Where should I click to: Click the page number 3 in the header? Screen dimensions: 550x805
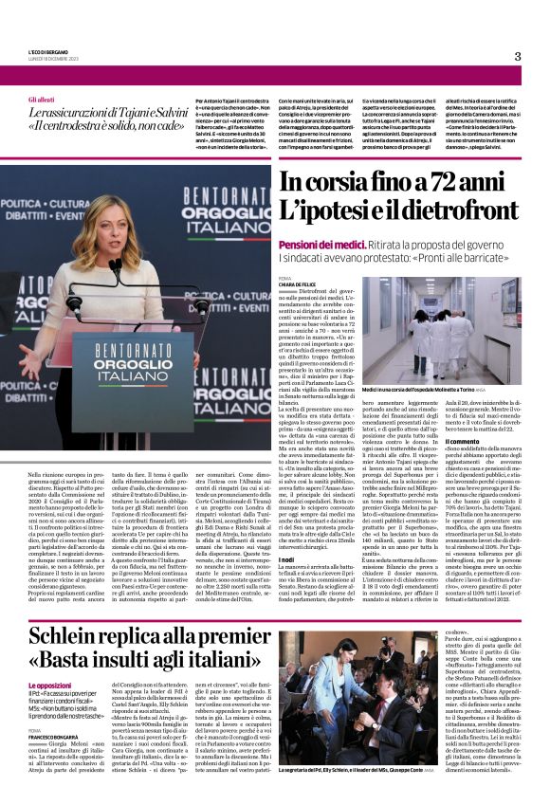coord(517,56)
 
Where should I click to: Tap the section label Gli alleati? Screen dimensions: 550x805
coord(41,100)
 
